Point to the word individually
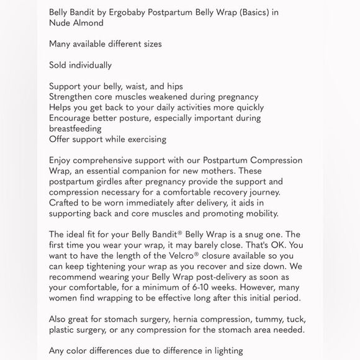tap(90, 65)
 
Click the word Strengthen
tap(72, 97)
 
